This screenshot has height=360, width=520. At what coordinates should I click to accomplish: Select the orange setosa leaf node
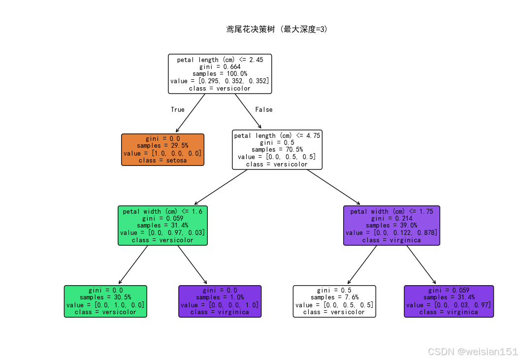(x=162, y=149)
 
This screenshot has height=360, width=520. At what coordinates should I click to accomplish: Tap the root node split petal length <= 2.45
(x=220, y=74)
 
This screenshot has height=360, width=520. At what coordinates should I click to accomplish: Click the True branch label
(x=178, y=110)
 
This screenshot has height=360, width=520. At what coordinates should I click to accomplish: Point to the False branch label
(x=263, y=110)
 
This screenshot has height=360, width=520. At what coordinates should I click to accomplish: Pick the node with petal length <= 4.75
(x=277, y=149)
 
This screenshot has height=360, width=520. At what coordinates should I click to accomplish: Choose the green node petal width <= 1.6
(x=162, y=226)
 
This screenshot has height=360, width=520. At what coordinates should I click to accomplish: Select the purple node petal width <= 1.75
(x=391, y=226)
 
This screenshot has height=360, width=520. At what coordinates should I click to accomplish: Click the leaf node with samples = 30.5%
(x=105, y=301)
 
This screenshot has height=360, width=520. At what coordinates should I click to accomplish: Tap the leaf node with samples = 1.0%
(x=220, y=301)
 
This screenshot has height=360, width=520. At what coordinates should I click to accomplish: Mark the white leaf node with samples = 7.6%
(x=334, y=301)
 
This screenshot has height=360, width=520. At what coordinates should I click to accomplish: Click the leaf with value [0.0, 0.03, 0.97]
(x=449, y=301)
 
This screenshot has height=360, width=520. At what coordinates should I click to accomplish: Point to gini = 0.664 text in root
(x=220, y=67)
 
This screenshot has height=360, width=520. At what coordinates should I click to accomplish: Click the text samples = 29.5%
(x=162, y=146)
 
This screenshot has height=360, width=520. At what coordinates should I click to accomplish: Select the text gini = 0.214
(x=391, y=218)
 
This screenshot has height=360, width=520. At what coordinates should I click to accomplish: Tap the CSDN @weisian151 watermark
(x=473, y=352)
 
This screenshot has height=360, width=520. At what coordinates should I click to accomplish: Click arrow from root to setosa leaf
(x=191, y=113)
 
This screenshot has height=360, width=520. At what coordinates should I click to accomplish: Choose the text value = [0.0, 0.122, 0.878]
(x=391, y=233)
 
